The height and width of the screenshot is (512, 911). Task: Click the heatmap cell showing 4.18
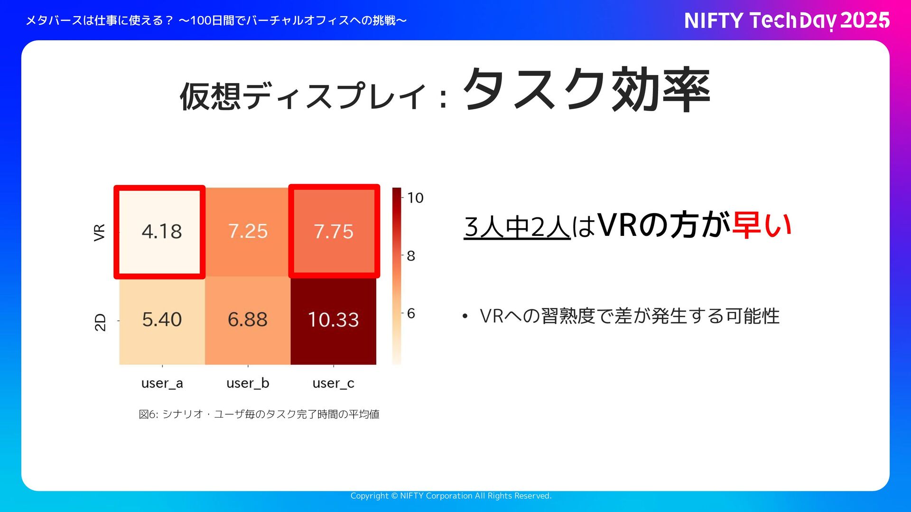click(161, 232)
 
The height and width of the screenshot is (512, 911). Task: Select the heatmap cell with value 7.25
click(248, 232)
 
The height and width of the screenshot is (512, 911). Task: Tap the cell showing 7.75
click(334, 232)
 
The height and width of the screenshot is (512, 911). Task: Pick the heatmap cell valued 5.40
click(161, 319)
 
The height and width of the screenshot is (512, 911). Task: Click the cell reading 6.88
click(248, 319)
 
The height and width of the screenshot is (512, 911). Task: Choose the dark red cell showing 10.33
click(334, 319)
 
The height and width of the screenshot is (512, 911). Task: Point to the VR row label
click(99, 233)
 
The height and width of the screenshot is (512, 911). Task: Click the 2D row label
click(100, 322)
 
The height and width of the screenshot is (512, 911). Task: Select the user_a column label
click(162, 383)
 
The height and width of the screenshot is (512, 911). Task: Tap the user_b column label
click(248, 383)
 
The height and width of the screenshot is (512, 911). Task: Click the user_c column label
click(333, 383)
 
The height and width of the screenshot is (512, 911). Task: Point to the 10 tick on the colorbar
click(415, 198)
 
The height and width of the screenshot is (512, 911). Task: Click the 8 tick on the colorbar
click(411, 256)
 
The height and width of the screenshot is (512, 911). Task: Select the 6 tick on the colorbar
click(411, 313)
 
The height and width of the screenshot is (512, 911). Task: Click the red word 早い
click(762, 225)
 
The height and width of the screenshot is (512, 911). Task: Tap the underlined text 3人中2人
click(517, 227)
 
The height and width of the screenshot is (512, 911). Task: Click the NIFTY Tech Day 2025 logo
click(787, 20)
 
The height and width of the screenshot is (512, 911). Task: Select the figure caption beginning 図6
click(259, 414)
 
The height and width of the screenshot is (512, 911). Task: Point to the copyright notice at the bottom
click(451, 496)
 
